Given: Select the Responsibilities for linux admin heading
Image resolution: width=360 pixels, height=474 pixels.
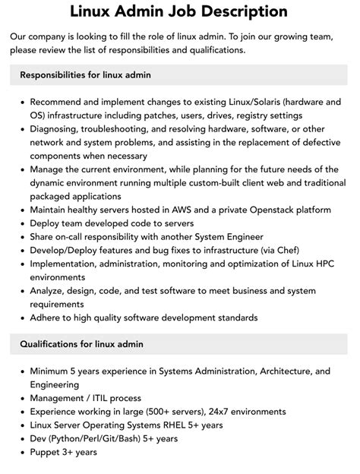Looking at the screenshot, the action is [x=86, y=74].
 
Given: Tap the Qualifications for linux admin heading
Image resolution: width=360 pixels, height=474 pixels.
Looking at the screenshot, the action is [x=81, y=344].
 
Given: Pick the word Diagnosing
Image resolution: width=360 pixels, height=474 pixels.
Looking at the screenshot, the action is [x=59, y=129].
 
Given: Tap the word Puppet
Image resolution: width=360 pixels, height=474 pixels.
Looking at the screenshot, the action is [x=48, y=452].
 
